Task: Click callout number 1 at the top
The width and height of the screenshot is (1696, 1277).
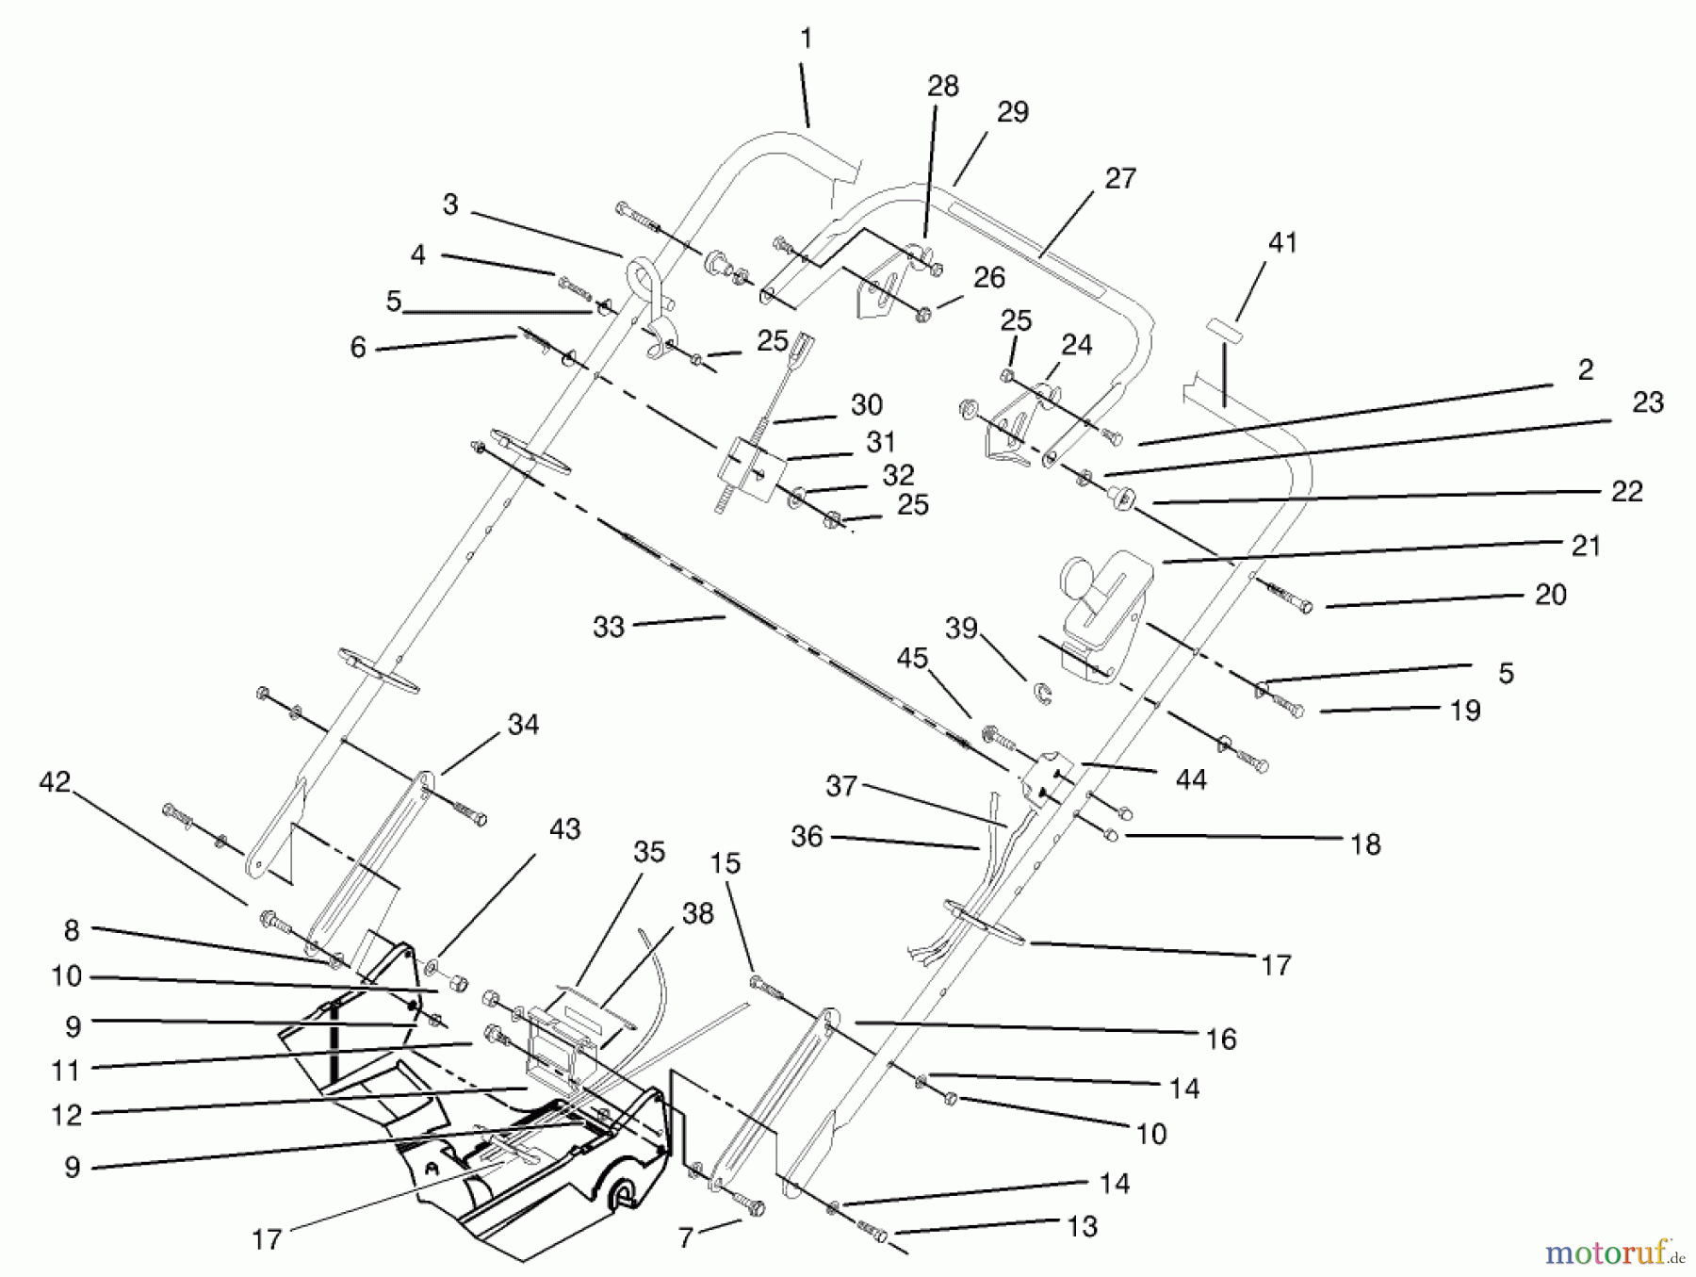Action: click(805, 40)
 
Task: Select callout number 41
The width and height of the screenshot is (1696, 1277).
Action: click(1282, 243)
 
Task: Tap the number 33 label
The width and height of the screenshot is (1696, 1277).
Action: click(609, 628)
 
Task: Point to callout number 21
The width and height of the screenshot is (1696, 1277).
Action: click(1586, 546)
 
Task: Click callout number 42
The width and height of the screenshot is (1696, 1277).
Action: click(55, 782)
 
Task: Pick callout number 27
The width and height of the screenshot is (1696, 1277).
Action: click(1120, 178)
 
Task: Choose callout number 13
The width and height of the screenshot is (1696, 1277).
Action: click(1083, 1226)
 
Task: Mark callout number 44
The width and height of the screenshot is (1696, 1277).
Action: click(1191, 779)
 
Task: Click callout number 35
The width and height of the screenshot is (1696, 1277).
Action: click(649, 852)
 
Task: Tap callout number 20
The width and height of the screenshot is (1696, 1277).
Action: click(1550, 595)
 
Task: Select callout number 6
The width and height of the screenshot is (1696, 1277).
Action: click(358, 348)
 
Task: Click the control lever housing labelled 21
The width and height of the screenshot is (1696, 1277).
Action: click(1101, 613)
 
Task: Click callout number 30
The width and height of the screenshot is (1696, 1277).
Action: click(866, 405)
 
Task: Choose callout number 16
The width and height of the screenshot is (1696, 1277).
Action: click(1220, 1040)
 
